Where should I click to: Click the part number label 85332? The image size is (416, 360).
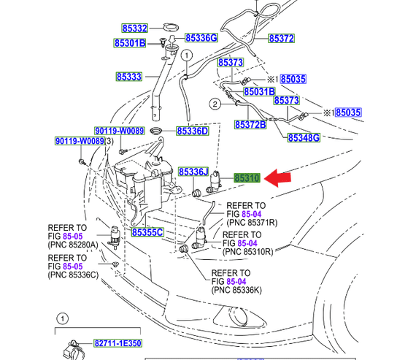click(x=134, y=28)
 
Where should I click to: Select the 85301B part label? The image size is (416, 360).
click(x=130, y=43)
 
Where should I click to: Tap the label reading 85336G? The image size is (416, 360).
click(x=201, y=38)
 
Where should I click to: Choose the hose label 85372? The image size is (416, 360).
click(x=281, y=39)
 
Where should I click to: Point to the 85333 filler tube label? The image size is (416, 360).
click(x=129, y=77)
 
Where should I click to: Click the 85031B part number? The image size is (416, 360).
click(x=259, y=91)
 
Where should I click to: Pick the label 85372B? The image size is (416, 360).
click(x=250, y=124)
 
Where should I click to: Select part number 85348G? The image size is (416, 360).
click(x=304, y=138)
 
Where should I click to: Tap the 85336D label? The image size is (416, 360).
click(x=193, y=131)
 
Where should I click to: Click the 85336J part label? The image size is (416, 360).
click(x=193, y=172)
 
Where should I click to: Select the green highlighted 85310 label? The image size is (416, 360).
click(x=247, y=178)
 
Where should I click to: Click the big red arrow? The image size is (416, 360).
click(x=277, y=178)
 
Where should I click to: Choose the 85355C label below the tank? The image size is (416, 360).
click(x=147, y=232)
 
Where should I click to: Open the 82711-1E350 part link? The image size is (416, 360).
click(x=118, y=343)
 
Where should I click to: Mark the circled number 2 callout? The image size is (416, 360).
click(x=215, y=104)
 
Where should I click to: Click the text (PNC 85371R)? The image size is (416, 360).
click(x=252, y=223)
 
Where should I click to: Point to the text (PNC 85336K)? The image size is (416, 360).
click(x=236, y=290)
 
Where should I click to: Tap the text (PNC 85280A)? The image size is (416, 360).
click(x=73, y=245)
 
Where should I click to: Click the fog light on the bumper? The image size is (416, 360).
click(x=238, y=315)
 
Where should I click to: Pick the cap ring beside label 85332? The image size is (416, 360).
click(x=171, y=27)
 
